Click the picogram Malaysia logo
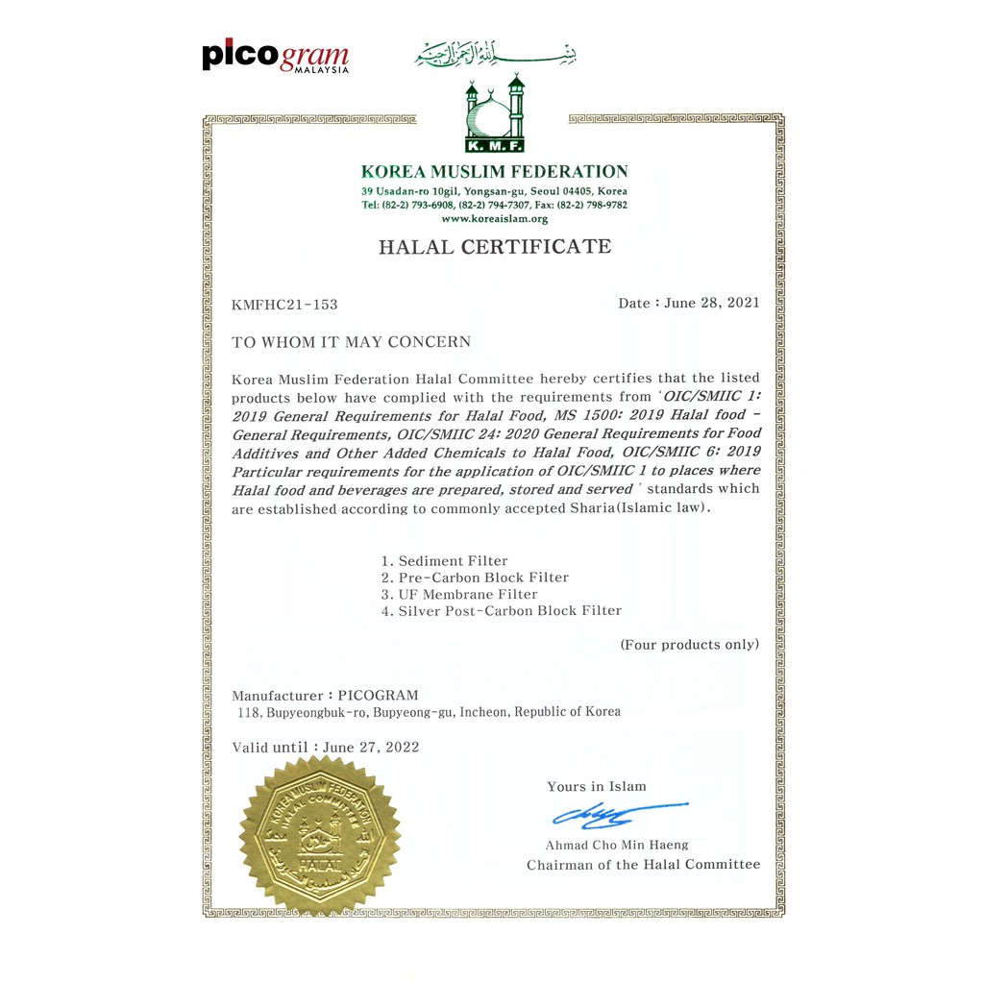[275, 57]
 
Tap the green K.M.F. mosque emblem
[495, 116]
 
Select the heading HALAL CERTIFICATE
[494, 247]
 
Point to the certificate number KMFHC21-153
[284, 305]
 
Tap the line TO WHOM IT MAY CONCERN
[351, 342]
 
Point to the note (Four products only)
[689, 644]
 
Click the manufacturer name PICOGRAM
[379, 695]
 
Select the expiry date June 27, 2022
[371, 747]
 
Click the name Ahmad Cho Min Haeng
[617, 845]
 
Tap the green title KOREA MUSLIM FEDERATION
[494, 172]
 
